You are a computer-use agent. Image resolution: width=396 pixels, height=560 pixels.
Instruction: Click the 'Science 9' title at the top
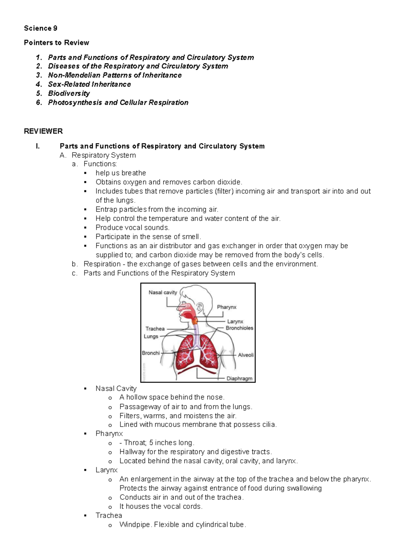(41, 28)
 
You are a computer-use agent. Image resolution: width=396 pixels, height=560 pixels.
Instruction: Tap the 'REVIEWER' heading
(43, 131)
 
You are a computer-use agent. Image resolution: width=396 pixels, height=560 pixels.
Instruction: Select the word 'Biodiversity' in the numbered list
(69, 93)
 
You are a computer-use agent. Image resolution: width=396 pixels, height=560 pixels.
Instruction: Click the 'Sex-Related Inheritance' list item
(89, 85)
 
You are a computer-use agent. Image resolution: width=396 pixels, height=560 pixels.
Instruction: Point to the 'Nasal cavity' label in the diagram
(163, 293)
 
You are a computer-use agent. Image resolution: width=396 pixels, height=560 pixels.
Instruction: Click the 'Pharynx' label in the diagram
(227, 307)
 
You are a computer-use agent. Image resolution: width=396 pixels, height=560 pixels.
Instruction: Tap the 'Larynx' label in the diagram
(235, 322)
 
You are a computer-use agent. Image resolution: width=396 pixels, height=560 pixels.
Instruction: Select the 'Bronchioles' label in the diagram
(239, 328)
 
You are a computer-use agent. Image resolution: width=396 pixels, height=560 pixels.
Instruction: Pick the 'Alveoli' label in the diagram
(246, 355)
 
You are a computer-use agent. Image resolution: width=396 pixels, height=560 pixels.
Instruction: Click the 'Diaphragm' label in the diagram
(239, 379)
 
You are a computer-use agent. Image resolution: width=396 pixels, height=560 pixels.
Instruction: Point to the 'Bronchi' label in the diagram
(151, 353)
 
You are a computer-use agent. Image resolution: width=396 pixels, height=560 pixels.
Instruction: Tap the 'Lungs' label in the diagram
(151, 336)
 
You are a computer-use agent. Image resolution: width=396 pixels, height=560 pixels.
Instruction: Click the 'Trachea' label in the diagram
(155, 329)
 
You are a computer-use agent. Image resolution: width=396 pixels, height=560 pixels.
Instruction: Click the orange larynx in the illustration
(195, 320)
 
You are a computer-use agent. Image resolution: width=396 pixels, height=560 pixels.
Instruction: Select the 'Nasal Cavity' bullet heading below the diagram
(116, 389)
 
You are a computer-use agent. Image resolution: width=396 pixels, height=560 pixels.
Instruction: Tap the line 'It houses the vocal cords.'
(161, 507)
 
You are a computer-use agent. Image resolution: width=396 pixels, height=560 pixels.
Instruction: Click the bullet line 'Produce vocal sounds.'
(132, 227)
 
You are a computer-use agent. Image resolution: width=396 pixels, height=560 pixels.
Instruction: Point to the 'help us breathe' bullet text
(120, 173)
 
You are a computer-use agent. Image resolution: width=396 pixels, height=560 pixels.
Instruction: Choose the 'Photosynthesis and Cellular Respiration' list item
(118, 103)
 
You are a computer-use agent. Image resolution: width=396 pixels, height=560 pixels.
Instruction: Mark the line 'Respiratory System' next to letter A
(104, 155)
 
